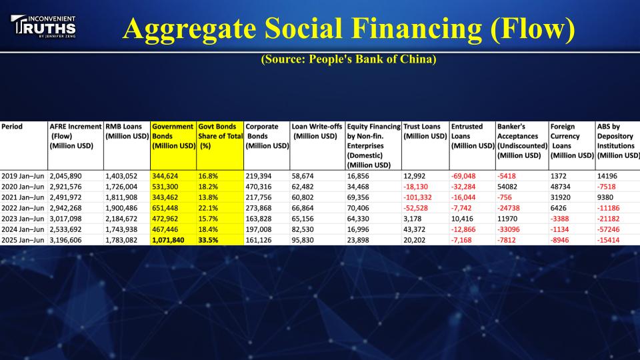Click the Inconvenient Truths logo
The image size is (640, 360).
pos(43,27)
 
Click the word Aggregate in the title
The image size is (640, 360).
pos(189,29)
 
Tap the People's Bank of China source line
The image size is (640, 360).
pos(349,59)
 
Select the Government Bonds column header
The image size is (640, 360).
pos(173,136)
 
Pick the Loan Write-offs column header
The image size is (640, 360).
pos(317,131)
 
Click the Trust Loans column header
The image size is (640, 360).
pos(425,131)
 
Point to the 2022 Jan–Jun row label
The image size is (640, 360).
pos(23,208)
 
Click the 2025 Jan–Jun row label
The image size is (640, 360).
pos(23,240)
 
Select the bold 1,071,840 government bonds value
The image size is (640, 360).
pos(168,240)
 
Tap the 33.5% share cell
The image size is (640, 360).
pos(208,240)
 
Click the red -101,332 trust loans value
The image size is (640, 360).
pos(418,197)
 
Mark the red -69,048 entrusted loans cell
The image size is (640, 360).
pos(463,176)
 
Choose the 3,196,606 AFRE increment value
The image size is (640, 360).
pos(66,240)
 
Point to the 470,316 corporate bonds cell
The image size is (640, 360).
pos(259,187)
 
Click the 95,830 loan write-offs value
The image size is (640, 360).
pos(303,240)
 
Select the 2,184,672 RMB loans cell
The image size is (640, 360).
pos(121,219)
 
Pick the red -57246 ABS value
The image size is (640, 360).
pos(609,229)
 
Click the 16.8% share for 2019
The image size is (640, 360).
pos(208,176)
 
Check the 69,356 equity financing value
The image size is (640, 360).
pos(358,197)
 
